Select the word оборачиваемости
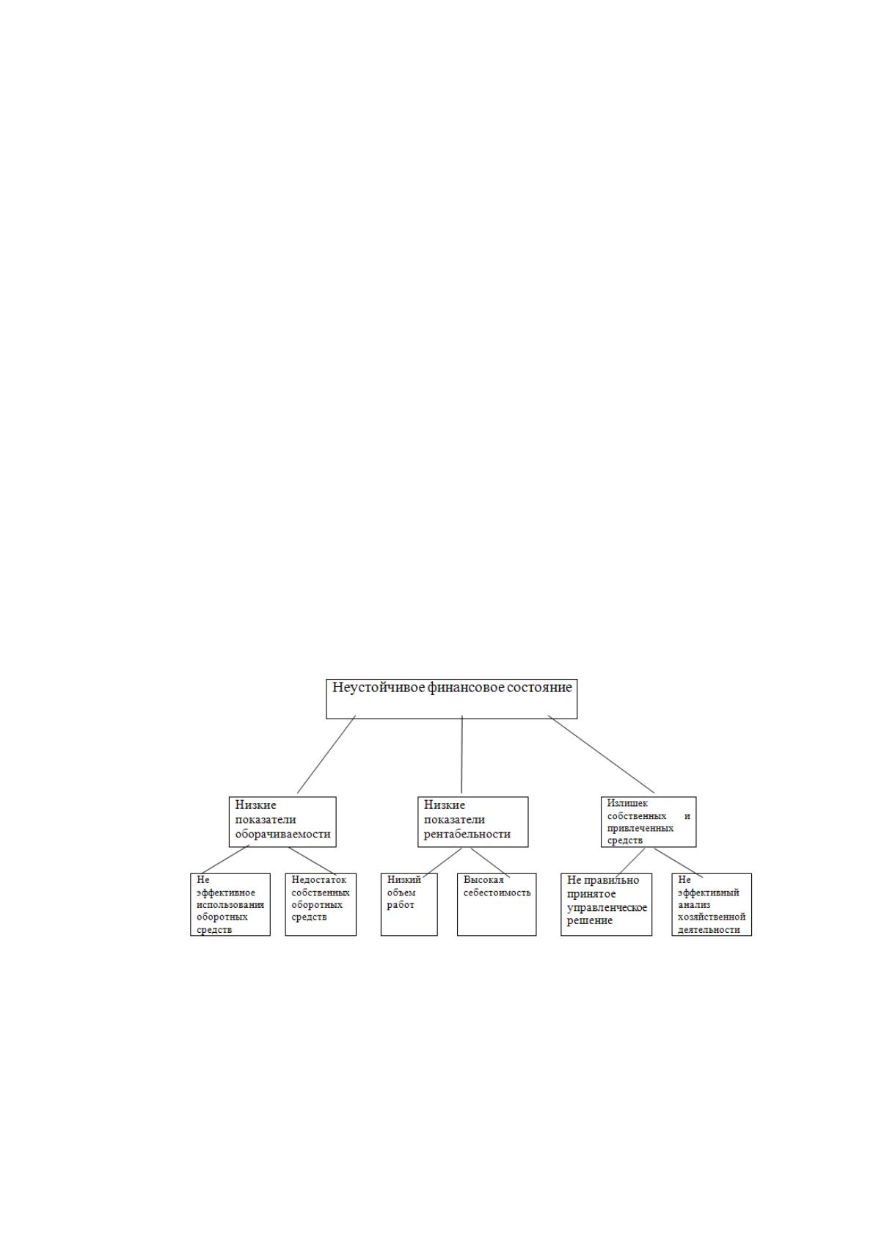point(282,835)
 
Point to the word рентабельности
point(467,835)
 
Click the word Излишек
point(627,804)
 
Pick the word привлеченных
point(640,828)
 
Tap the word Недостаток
point(319,880)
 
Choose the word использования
point(230,905)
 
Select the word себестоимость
point(497,893)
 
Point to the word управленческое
point(607,908)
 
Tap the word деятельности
point(709,930)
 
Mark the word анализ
point(694,905)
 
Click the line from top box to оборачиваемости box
point(326,755)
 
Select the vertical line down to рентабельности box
point(461,755)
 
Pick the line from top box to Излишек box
point(601,755)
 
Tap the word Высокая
point(483,880)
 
